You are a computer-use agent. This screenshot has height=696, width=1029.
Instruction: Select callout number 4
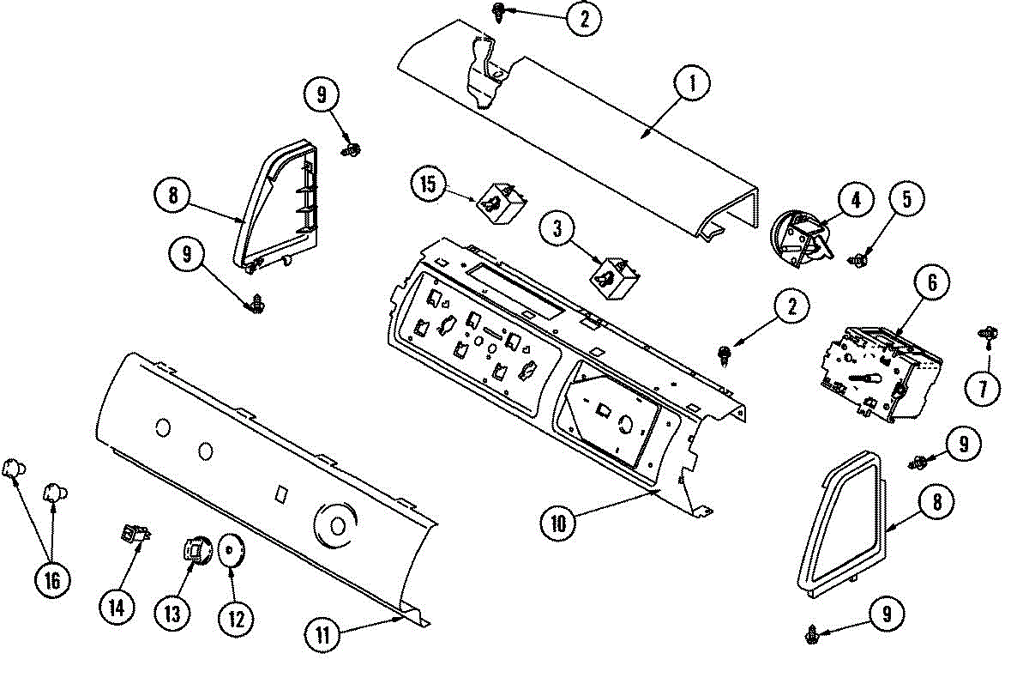tap(855, 200)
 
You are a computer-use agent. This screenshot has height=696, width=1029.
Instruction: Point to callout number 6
tap(932, 282)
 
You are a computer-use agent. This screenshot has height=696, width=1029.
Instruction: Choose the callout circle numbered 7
tap(983, 389)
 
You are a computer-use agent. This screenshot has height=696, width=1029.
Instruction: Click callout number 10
tap(557, 524)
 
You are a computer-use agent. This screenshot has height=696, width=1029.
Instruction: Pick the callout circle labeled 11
tap(322, 634)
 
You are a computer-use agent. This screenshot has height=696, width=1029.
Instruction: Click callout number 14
tap(116, 607)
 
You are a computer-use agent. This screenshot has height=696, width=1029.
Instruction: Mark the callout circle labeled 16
tap(52, 580)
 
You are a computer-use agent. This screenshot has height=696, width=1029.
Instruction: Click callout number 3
tap(557, 229)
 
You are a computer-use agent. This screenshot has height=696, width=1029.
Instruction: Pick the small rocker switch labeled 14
tap(135, 536)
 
